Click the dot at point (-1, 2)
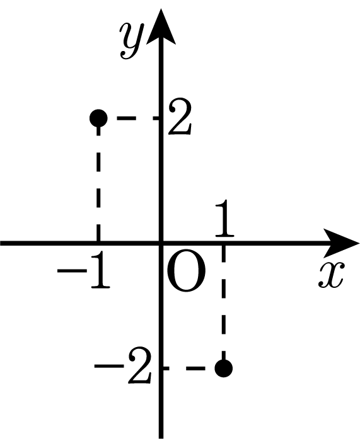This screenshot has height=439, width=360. tap(98, 118)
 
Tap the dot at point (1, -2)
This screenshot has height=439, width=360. tap(224, 368)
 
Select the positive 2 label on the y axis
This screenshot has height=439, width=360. tap(180, 117)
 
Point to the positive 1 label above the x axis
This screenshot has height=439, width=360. tap(224, 218)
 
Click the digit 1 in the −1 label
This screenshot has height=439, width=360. tap(100, 270)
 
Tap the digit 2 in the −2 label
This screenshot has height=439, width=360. tap(140, 366)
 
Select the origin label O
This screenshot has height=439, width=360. tap(186, 273)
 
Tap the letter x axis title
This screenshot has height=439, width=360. tap(330, 275)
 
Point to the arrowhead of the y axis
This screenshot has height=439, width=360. tap(161, 26)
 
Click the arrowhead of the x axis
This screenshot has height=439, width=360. tap(341, 243)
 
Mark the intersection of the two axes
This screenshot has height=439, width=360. tap(161, 243)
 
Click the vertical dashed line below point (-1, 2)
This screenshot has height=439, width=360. tap(98, 185)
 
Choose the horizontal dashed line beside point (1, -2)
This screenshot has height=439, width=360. tap(189, 368)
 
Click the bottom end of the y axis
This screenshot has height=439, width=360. tap(161, 438)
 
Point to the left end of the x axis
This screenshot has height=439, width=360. tap(1, 243)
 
